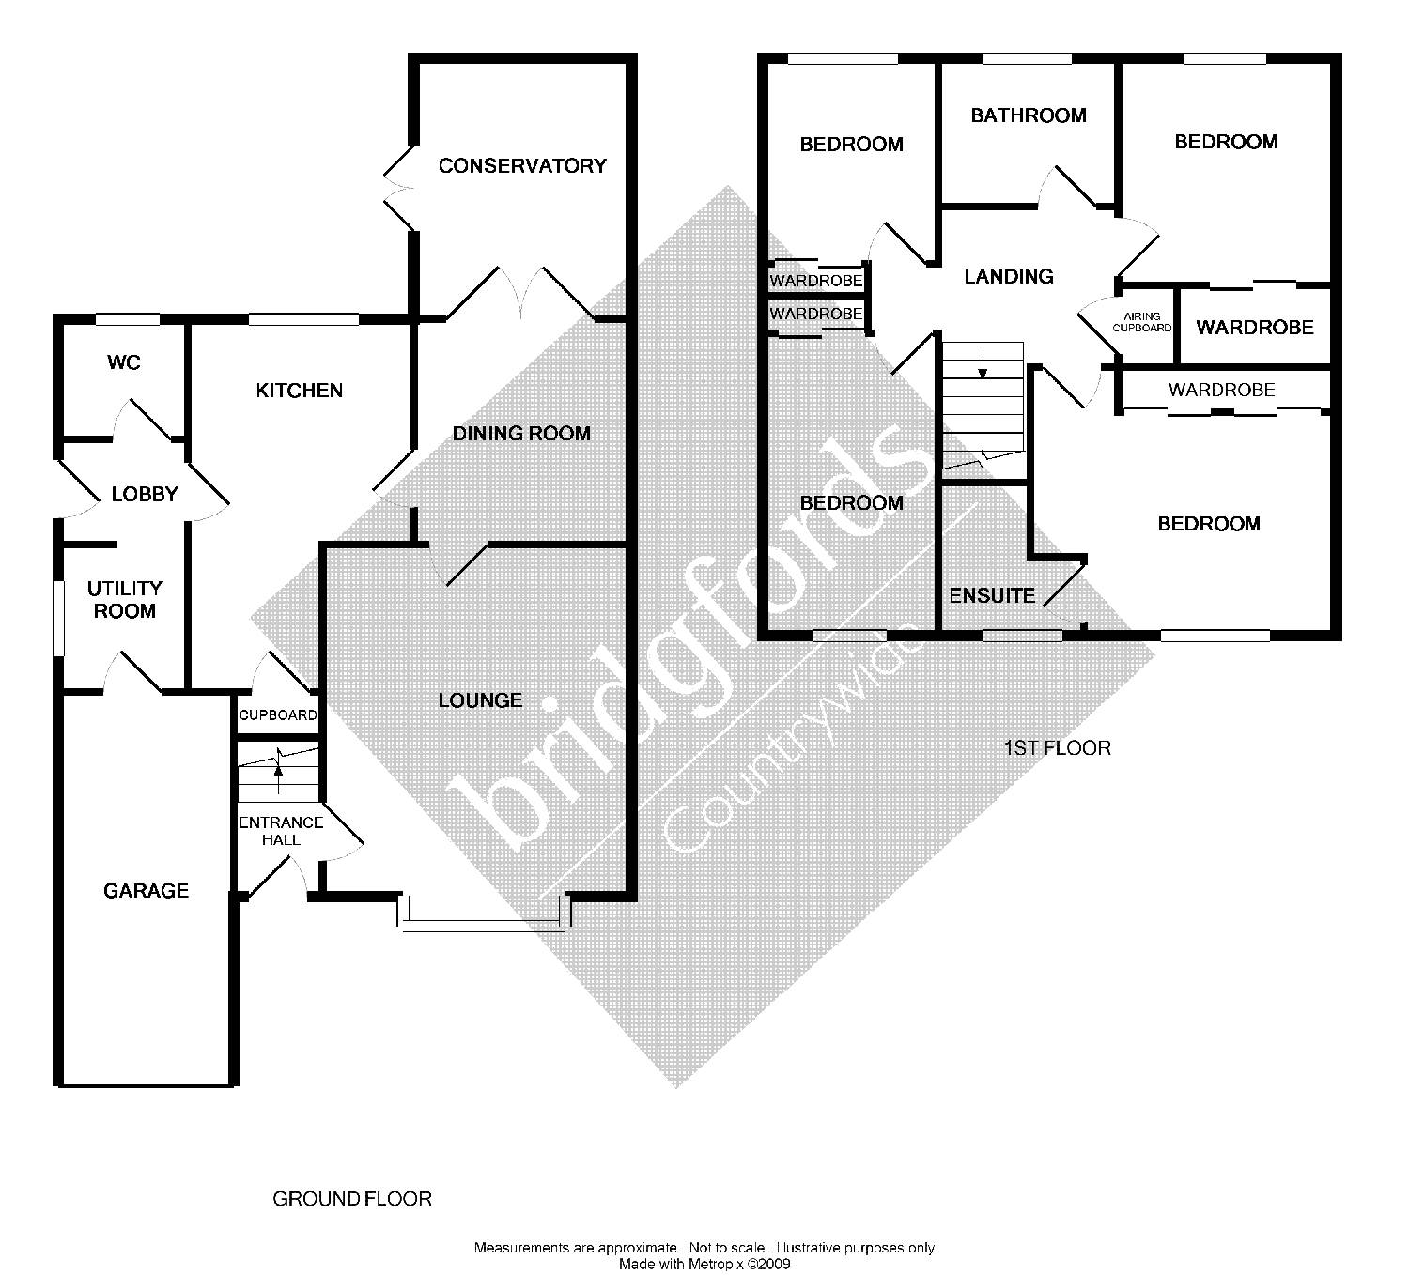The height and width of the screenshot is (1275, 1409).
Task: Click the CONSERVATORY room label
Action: pos(522,166)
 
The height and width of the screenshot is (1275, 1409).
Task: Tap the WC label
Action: pos(124,362)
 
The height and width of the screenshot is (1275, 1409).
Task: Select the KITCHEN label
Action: pos(300,391)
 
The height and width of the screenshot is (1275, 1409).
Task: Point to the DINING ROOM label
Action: pos(521,434)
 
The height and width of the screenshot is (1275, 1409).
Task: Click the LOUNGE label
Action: pos(480,700)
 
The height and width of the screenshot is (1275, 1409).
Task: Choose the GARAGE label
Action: pos(146,891)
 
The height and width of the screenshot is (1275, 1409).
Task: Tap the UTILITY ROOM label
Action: pos(125,600)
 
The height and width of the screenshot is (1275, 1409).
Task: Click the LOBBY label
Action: pos(145,494)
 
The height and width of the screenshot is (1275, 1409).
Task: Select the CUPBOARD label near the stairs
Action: pos(278,715)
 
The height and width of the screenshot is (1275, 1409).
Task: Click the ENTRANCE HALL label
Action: pos(280,831)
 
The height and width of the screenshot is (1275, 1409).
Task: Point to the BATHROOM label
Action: pos(1029,115)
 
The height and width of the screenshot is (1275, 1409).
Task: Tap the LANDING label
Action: pos(1009,277)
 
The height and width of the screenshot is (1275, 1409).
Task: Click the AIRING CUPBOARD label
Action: pos(1142,323)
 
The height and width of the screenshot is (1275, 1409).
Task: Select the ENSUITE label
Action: pos(992,596)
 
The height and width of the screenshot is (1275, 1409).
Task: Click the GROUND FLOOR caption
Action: pos(352,1199)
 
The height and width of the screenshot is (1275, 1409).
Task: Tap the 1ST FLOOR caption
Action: pos(1058,748)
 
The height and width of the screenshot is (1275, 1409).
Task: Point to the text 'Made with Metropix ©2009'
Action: pos(704,1264)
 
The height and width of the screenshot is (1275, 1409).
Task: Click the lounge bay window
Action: pos(485,925)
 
